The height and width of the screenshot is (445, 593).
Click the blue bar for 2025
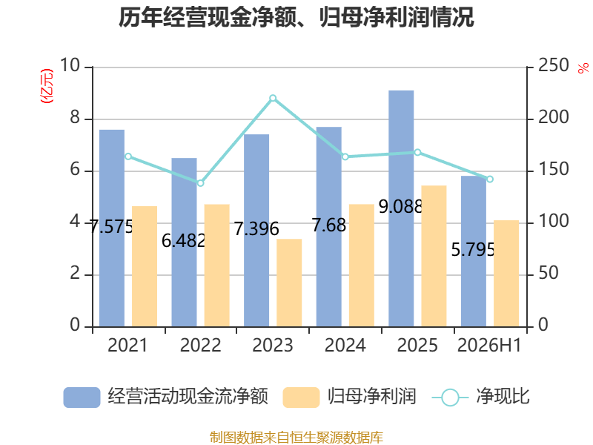[x=401, y=208]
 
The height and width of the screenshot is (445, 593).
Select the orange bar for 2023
[x=289, y=283]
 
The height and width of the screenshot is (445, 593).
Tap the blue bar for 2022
[x=184, y=243]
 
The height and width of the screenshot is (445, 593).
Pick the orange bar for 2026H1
[x=506, y=273]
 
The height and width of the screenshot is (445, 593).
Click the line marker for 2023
[x=273, y=99]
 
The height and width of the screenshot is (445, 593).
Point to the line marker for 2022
[x=200, y=183]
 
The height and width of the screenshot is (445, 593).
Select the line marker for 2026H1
[x=490, y=179]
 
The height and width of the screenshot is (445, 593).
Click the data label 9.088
[x=400, y=207]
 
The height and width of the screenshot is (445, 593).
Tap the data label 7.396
[x=256, y=229]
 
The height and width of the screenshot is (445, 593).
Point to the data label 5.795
[x=473, y=250]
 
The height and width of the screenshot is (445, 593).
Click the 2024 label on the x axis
[x=345, y=345]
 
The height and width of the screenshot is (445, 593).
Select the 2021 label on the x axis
[x=127, y=345]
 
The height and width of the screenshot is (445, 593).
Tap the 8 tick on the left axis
[x=75, y=118]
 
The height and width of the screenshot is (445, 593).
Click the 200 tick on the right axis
[x=553, y=118]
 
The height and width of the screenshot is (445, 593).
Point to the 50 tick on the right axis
[x=549, y=273]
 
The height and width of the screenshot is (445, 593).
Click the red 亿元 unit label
[x=47, y=86]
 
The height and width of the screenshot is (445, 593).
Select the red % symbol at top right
[x=583, y=68]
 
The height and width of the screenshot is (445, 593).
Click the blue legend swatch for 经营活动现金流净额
[x=82, y=398]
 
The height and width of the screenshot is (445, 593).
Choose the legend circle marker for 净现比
[x=450, y=398]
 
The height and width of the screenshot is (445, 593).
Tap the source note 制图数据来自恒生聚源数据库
[x=296, y=438]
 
